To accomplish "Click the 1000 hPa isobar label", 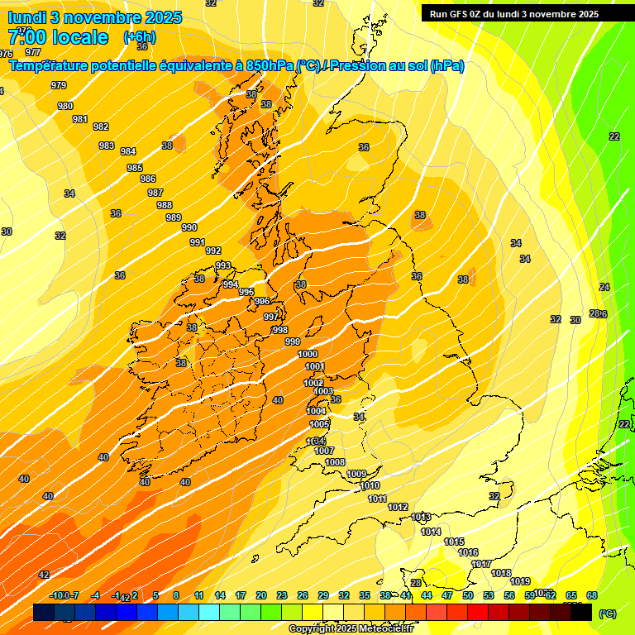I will click(307, 354).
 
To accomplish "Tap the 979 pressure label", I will click(58, 85).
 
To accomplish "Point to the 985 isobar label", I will click(135, 168).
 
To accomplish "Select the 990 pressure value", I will click(189, 227).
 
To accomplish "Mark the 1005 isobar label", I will click(319, 424).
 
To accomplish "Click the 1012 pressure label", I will click(398, 507).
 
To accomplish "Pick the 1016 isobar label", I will click(468, 552).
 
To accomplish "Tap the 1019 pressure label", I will click(520, 581).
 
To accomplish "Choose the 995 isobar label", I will click(246, 292).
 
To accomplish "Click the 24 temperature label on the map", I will click(604, 287).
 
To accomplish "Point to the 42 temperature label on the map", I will click(44, 575).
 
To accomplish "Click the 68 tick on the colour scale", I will click(592, 595).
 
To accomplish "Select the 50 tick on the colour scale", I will click(468, 595).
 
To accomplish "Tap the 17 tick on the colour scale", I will click(241, 595).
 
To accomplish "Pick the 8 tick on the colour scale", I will click(176, 595).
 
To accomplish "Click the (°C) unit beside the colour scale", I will click(607, 614).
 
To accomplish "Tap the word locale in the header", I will click(79, 36).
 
